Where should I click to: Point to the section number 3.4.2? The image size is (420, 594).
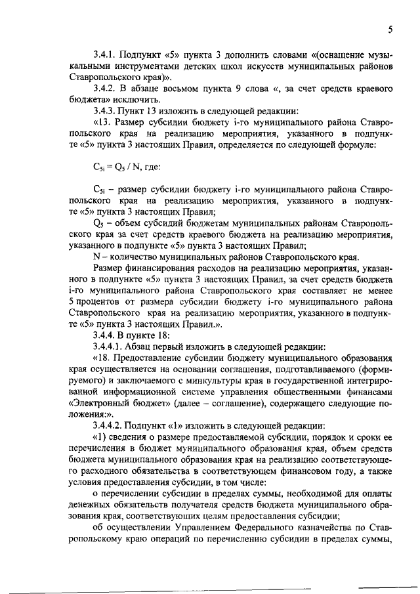click(x=106, y=88)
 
